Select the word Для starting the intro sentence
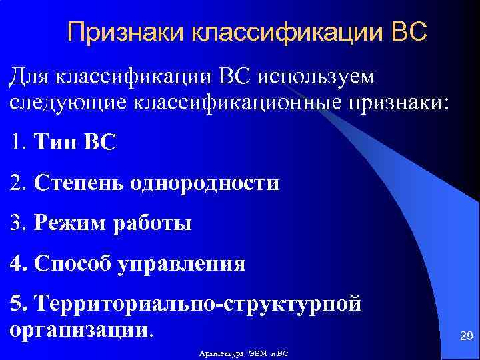pyautogui.click(x=31, y=79)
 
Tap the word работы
pyautogui.click(x=154, y=223)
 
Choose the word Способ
pyautogui.click(x=74, y=264)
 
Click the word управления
pyautogui.click(x=182, y=264)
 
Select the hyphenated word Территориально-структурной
pyautogui.click(x=199, y=304)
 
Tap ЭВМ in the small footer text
pyautogui.click(x=258, y=353)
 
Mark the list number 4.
pyautogui.click(x=15, y=264)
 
